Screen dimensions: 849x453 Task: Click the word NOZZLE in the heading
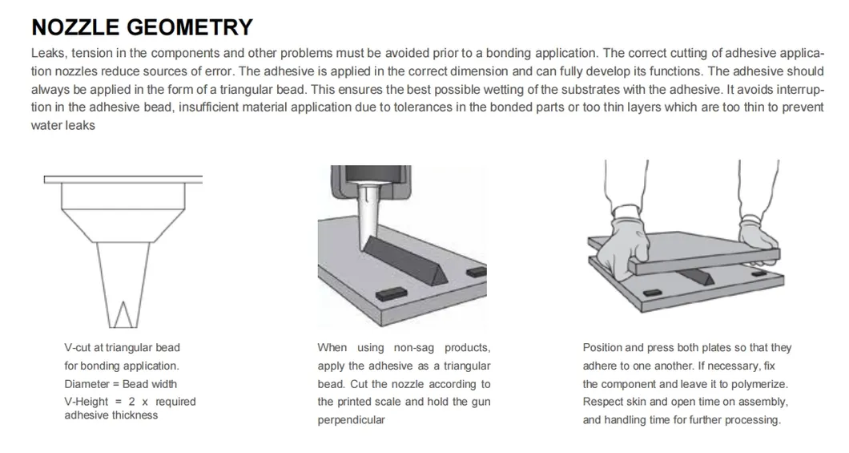pos(75,27)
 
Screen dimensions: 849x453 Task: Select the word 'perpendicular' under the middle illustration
pos(352,420)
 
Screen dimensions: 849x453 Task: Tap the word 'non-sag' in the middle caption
pos(413,348)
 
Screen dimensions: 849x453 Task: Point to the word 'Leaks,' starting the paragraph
pos(50,53)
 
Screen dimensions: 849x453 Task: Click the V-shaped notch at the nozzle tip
pos(123,314)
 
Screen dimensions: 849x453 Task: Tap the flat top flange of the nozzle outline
pos(123,180)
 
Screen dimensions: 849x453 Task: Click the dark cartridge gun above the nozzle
pos(372,181)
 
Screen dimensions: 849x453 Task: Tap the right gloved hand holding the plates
pos(758,237)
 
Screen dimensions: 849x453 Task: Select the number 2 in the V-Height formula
pos(131,402)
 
